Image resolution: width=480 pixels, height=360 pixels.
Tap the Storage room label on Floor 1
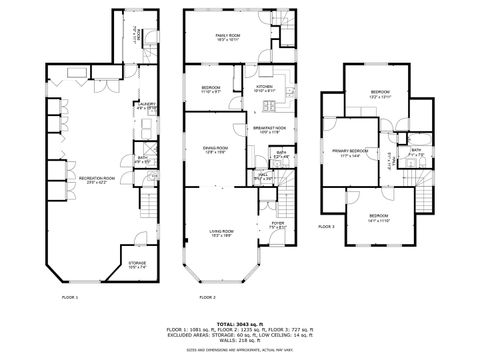coord(137,266)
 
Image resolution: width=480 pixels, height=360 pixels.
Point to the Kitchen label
coord(264,89)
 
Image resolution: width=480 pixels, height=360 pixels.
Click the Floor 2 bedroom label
coord(211,89)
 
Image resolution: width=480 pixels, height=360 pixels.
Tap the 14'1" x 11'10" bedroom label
coord(377,218)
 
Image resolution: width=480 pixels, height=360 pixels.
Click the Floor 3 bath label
coord(416,152)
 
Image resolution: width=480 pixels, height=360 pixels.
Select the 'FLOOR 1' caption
coord(70,298)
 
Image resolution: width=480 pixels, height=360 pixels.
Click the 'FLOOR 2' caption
coord(207,298)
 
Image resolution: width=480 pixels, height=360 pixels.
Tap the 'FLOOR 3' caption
coord(327,227)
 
